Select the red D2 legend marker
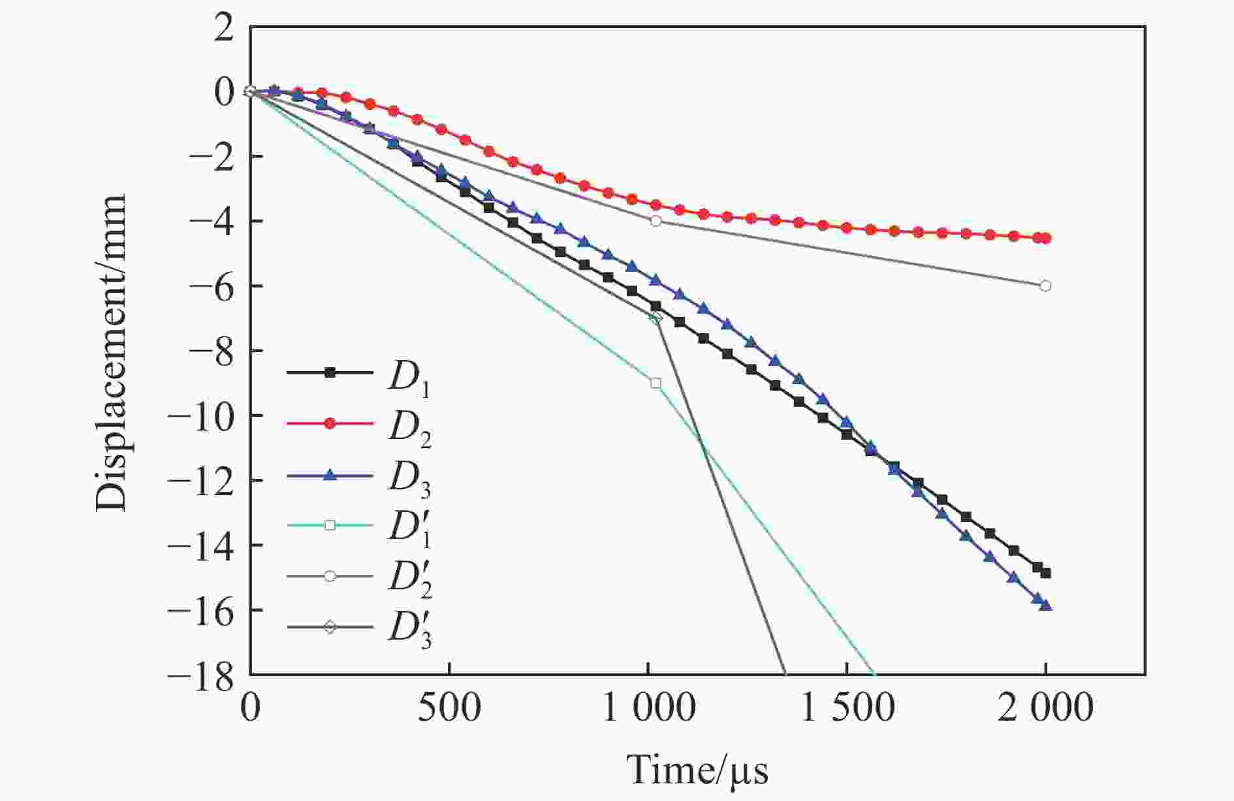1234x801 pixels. [330, 424]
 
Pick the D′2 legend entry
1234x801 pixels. [359, 576]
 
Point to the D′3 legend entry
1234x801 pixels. [359, 627]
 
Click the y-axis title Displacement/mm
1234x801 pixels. [110, 353]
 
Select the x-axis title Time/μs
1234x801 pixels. [697, 771]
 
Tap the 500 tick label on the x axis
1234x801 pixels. [449, 708]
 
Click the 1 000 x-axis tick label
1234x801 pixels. [647, 708]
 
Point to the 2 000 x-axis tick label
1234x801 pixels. [1045, 708]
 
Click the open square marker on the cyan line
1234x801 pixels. [656, 383]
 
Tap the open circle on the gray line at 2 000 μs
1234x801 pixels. [1045, 286]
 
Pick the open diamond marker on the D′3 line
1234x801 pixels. [656, 318]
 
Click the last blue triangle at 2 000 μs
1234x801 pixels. [1045, 606]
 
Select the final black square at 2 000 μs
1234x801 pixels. [1045, 573]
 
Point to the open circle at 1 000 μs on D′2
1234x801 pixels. [656, 221]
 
